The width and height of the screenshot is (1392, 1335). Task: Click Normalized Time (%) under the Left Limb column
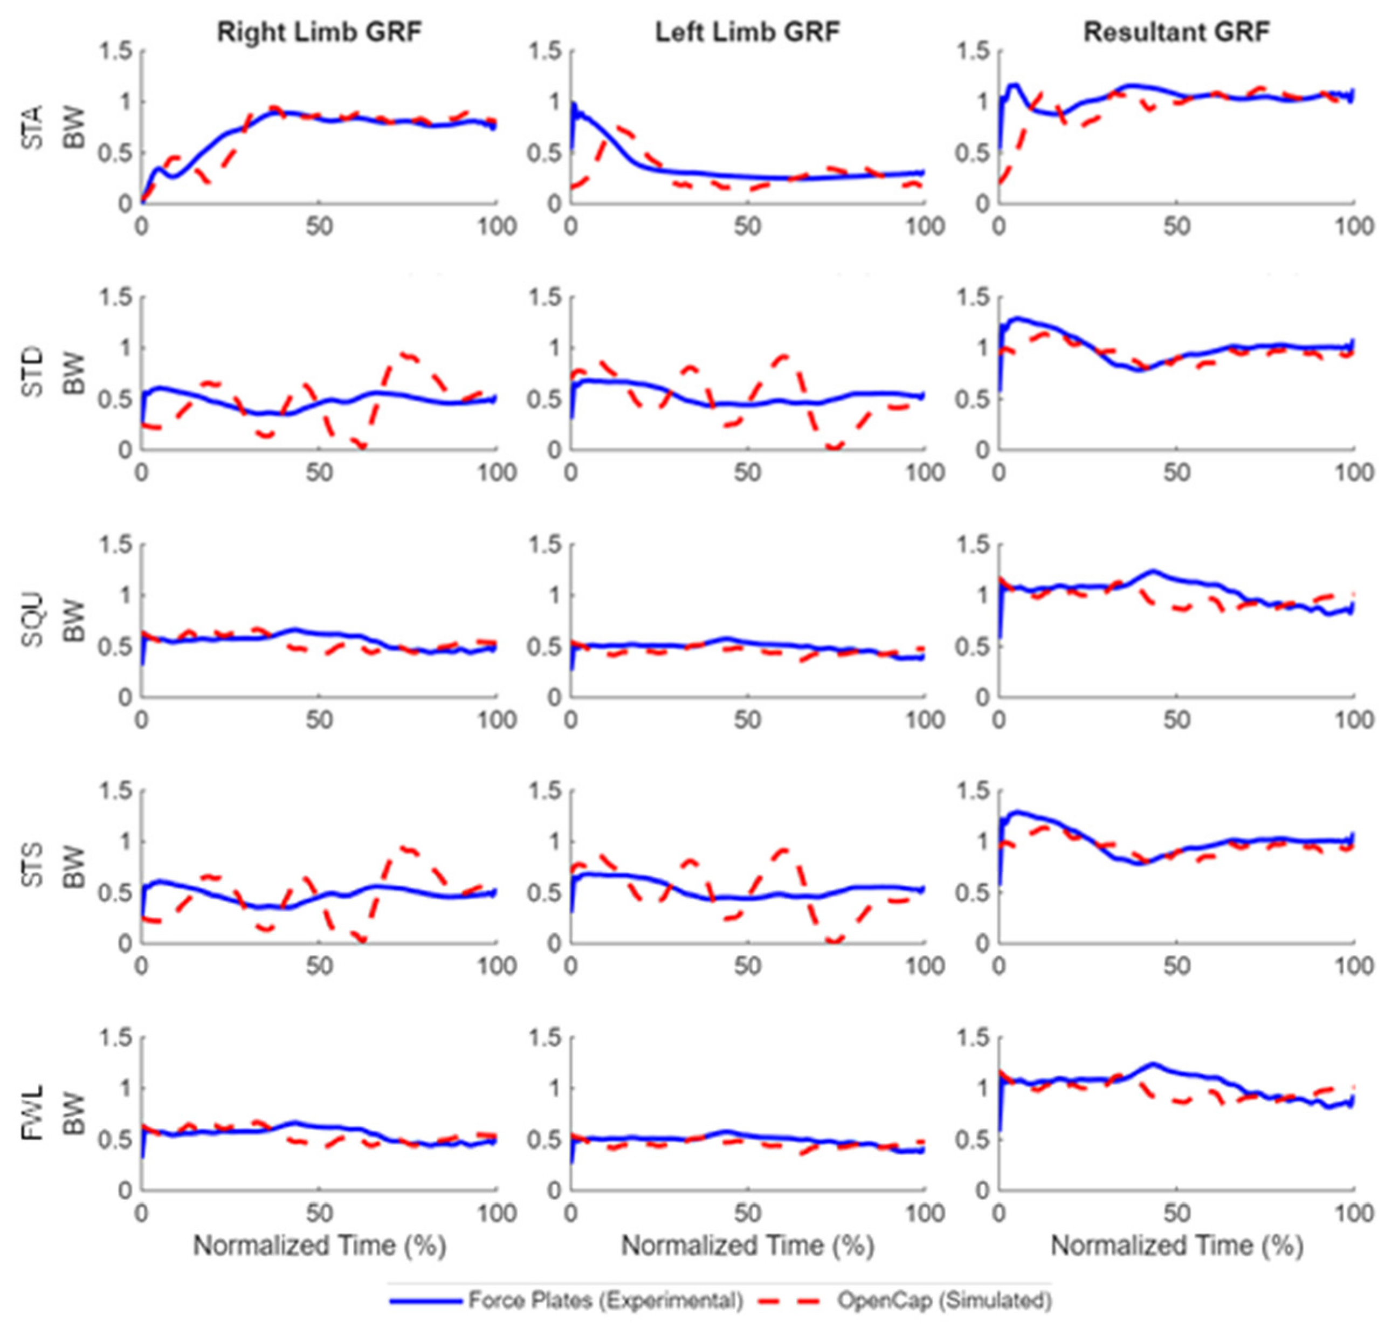click(x=747, y=1245)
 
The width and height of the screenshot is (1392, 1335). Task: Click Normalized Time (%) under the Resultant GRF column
click(x=1176, y=1245)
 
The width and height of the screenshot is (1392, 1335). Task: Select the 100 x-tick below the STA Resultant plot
click(x=1354, y=226)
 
